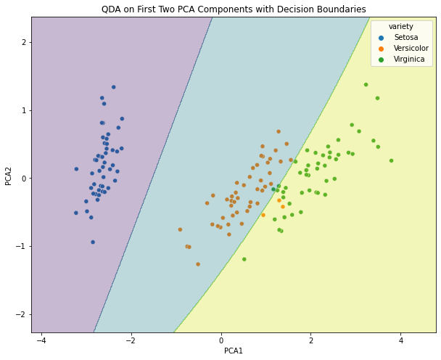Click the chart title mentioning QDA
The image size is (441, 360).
[234, 9]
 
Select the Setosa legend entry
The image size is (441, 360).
[405, 37]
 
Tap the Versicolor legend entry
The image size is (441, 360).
[411, 48]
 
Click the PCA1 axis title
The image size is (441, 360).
[234, 351]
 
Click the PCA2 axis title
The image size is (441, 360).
[9, 174]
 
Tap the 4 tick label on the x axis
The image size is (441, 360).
[400, 340]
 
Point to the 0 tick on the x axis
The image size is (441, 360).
[221, 340]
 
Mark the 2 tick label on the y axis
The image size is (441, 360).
[24, 42]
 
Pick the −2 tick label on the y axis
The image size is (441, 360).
[22, 314]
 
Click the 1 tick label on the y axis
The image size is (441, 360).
[24, 110]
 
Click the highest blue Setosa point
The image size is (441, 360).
[113, 87]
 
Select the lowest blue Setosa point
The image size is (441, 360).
[93, 242]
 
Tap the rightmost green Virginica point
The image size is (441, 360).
[391, 161]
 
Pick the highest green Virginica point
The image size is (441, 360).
[366, 85]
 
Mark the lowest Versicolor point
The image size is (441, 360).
[198, 264]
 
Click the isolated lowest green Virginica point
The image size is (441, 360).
[244, 259]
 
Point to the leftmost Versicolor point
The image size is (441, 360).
[180, 229]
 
